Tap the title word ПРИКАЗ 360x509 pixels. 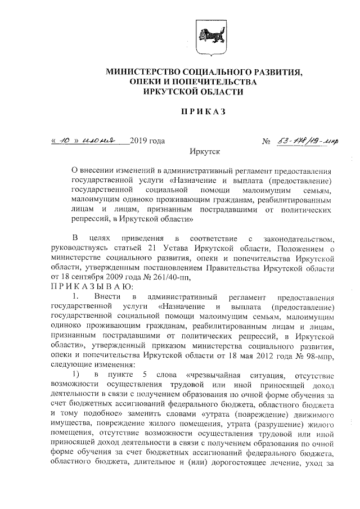[x=202, y=113]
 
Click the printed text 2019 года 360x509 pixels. [x=147, y=141]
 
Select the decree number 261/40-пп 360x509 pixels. [x=173, y=277]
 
